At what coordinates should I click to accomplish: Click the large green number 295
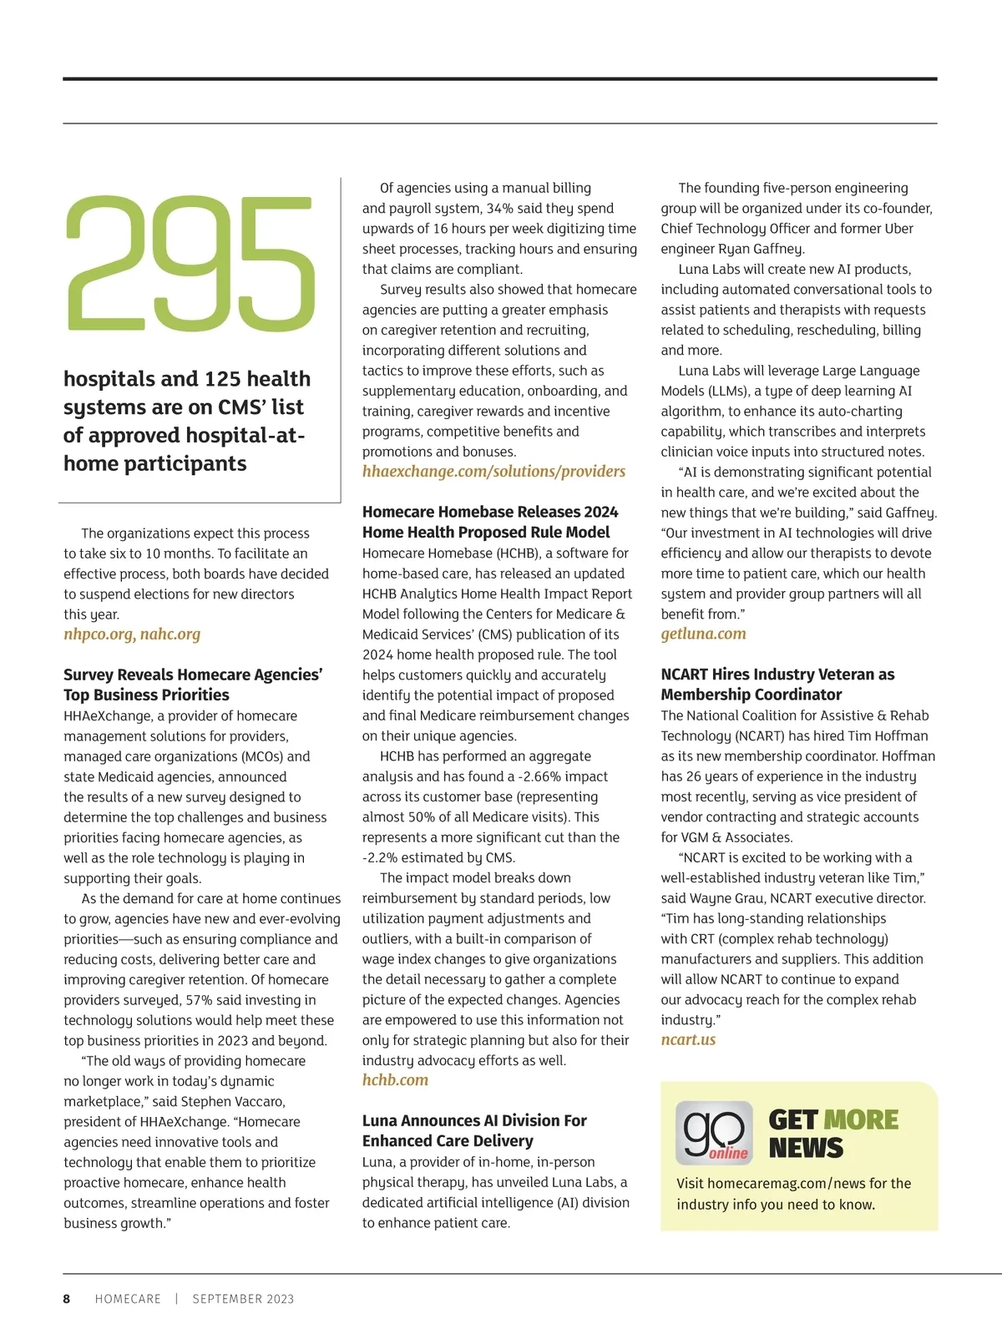[190, 265]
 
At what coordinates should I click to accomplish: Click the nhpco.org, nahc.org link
[132, 634]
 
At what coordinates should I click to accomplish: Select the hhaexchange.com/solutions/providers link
[493, 472]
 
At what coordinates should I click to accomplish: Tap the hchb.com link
[395, 1080]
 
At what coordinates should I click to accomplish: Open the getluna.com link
[703, 634]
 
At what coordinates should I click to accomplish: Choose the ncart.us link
[688, 1040]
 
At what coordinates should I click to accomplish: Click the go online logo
[714, 1133]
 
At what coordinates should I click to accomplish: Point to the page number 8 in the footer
[67, 1299]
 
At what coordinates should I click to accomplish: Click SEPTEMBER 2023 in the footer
[243, 1299]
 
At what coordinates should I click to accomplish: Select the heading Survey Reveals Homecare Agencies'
[193, 675]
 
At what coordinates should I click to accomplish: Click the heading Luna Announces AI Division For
[474, 1120]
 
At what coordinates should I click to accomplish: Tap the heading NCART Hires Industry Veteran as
[777, 675]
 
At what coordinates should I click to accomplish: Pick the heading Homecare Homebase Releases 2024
[490, 512]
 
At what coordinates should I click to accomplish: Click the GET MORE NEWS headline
[832, 1134]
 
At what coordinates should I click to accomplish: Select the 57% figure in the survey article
[199, 1000]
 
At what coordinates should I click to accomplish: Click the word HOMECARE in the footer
[128, 1299]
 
